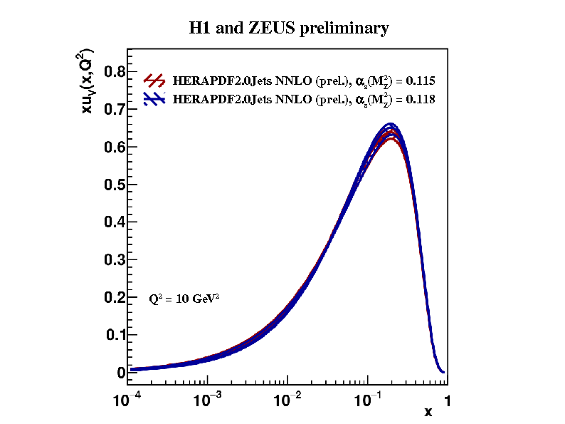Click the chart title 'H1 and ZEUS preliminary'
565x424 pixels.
click(x=288, y=29)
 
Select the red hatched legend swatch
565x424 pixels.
click(x=155, y=80)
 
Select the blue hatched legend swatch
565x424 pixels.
click(x=155, y=99)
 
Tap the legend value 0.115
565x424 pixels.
click(x=420, y=81)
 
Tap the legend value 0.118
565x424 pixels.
click(x=420, y=100)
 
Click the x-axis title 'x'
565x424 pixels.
click(x=428, y=412)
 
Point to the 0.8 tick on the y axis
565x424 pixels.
click(x=115, y=72)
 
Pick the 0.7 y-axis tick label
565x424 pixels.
click(x=115, y=110)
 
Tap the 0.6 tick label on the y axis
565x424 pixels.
click(x=115, y=147)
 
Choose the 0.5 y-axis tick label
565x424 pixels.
click(x=115, y=185)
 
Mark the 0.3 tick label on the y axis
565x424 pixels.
click(x=115, y=260)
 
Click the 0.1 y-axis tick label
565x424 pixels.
click(x=115, y=335)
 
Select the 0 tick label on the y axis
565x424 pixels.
click(x=120, y=373)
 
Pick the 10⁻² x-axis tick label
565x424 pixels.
click(x=287, y=400)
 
